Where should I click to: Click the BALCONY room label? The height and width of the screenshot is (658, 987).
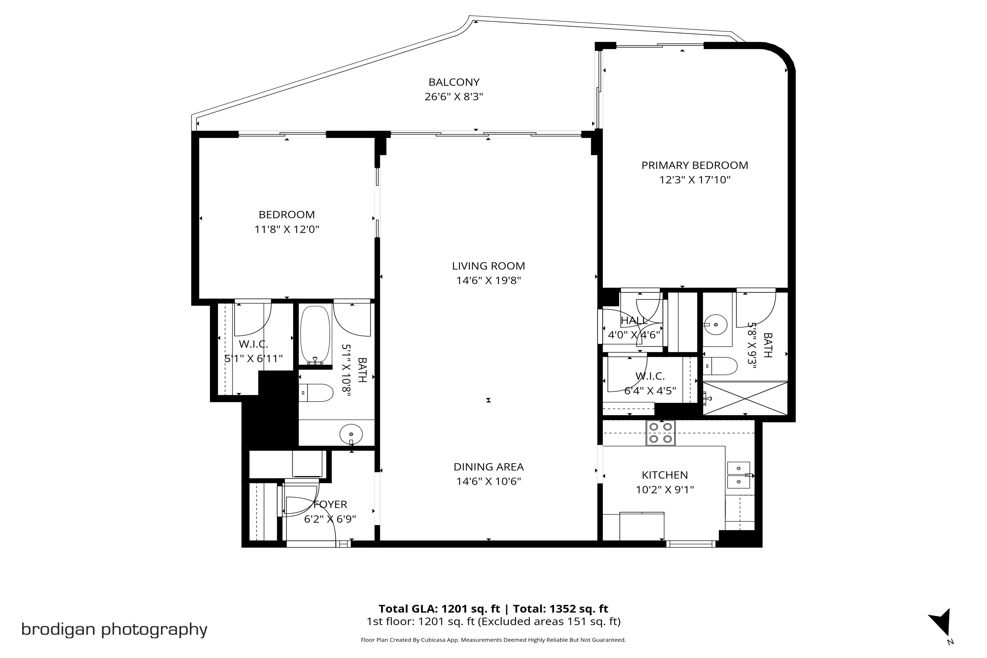[454, 82]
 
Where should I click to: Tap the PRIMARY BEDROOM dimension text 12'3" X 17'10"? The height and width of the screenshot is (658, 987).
[694, 180]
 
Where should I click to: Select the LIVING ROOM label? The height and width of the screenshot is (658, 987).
[489, 266]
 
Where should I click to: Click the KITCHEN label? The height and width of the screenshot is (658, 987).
[665, 475]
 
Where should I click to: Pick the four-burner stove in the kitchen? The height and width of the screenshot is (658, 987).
[660, 433]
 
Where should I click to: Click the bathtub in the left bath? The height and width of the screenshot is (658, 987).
[316, 335]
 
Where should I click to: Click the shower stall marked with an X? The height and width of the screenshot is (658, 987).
[745, 398]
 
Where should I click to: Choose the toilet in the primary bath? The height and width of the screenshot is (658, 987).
[720, 366]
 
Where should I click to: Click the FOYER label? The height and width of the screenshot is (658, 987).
[330, 504]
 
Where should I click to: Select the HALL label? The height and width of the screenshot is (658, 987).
[634, 321]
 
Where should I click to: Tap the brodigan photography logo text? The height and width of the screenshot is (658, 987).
[114, 629]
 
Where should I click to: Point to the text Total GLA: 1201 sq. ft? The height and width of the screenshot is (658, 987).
[439, 609]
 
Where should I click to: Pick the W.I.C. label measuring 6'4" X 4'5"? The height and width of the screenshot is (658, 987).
[650, 376]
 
